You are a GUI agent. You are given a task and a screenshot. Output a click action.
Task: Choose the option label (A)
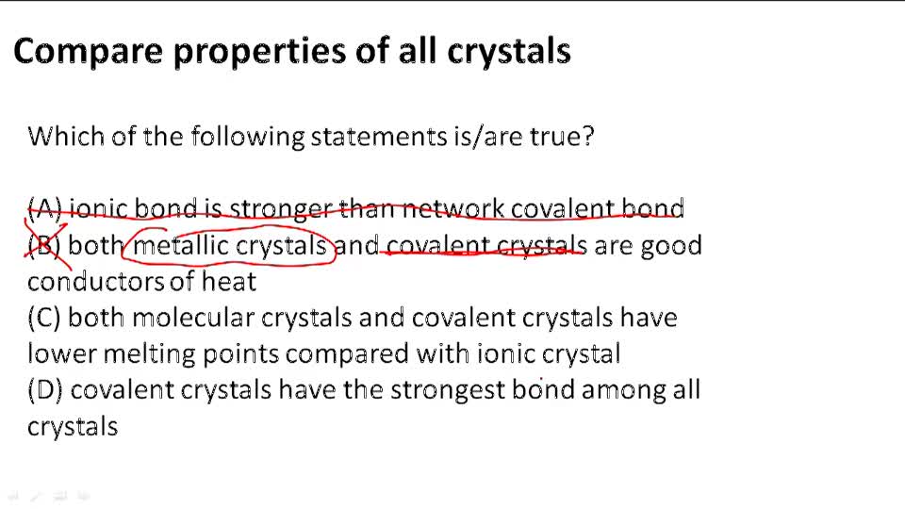point(44,209)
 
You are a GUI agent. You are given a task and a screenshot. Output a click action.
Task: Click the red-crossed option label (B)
point(44,246)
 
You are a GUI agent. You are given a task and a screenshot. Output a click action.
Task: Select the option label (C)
point(44,318)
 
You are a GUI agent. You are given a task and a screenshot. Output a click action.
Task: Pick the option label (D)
point(45,389)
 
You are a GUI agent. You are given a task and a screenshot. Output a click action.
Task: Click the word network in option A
point(453,209)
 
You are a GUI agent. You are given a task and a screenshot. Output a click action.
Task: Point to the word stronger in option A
point(280,209)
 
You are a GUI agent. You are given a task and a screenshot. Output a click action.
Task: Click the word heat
point(229,281)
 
